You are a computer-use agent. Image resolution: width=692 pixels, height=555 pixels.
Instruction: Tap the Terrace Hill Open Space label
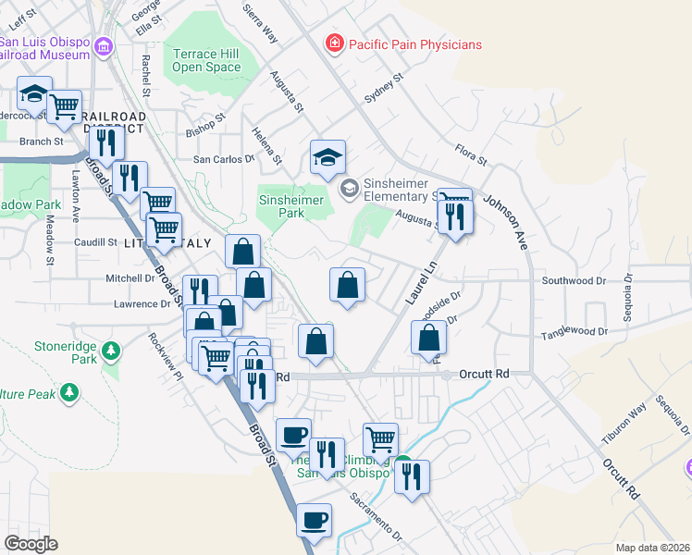(206, 60)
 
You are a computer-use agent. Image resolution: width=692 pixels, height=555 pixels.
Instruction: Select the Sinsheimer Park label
(291, 206)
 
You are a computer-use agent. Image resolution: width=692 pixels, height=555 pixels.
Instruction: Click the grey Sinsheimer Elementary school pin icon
(349, 190)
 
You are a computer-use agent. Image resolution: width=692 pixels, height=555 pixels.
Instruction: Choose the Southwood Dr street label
(574, 280)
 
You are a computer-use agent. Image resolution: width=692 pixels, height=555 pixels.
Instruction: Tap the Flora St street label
(471, 154)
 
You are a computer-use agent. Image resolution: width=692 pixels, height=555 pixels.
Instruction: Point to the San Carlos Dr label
(223, 159)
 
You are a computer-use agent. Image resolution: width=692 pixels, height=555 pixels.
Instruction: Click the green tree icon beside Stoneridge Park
(111, 351)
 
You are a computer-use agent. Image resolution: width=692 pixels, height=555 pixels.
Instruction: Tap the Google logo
(31, 543)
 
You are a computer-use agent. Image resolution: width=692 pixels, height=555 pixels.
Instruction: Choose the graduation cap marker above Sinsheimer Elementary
(327, 157)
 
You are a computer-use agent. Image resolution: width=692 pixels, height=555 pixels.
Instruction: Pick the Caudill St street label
(94, 242)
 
